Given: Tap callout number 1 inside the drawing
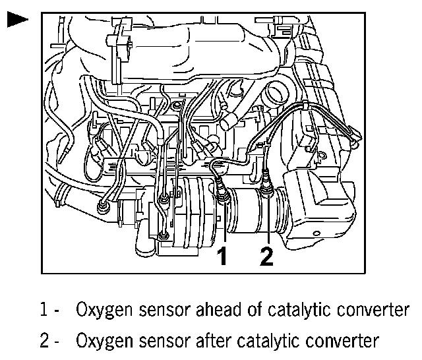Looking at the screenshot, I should [x=224, y=256].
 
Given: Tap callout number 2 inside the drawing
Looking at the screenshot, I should [x=266, y=256].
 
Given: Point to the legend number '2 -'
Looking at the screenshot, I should [x=49, y=341].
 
